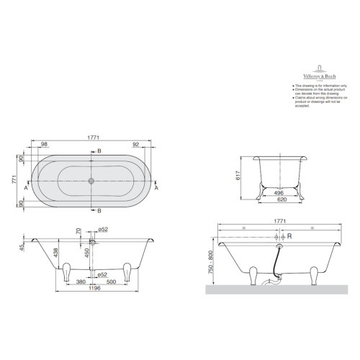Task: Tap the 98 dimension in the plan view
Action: click(44, 145)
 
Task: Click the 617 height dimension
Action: click(238, 176)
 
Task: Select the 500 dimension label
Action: click(111, 282)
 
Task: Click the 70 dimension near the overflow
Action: click(78, 231)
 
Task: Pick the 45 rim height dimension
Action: click(23, 247)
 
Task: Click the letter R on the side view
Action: click(289, 235)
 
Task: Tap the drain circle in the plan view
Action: click(92, 180)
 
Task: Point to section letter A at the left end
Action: click(26, 188)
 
